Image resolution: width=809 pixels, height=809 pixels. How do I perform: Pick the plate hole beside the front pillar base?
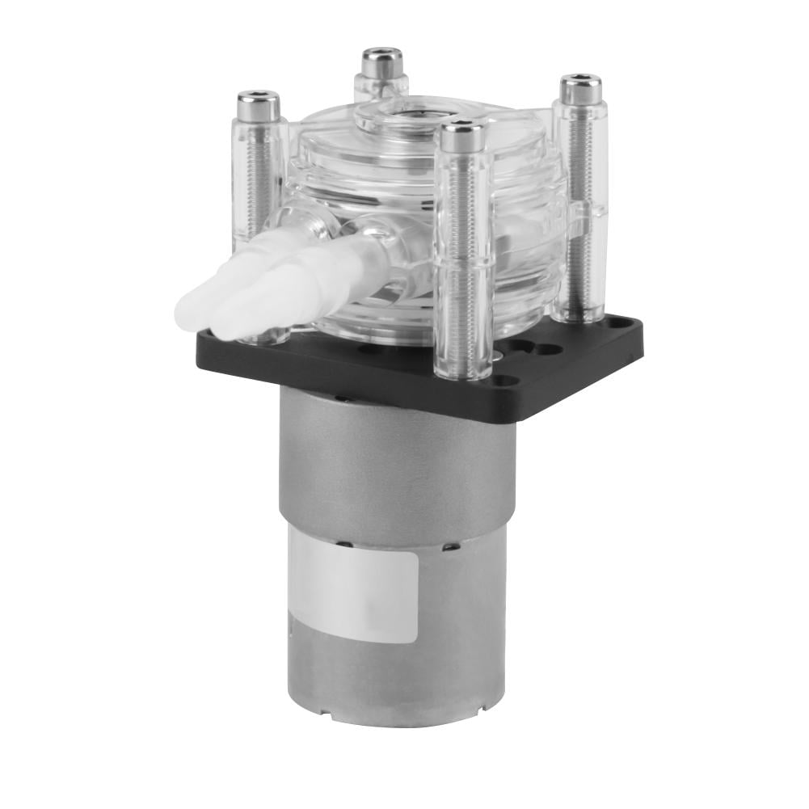505,380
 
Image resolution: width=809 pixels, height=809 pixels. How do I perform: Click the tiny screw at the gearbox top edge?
343,398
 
